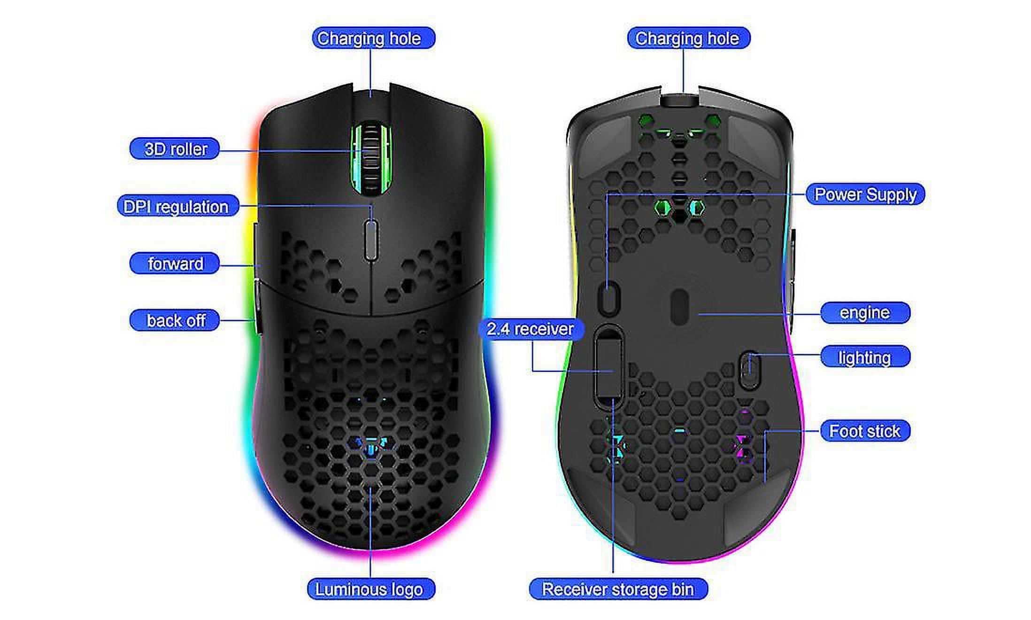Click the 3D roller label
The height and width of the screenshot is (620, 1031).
[174, 149]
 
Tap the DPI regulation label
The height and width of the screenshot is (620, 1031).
[177, 206]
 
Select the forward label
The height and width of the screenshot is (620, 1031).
[174, 263]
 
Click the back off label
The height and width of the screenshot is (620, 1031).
[174, 320]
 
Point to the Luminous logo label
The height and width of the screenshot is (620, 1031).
[371, 589]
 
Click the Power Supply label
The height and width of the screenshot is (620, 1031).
[865, 194]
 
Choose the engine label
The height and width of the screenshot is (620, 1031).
[865, 313]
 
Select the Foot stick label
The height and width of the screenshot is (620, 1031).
[865, 431]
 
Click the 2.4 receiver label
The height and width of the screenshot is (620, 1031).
[531, 329]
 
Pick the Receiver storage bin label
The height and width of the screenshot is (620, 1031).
[618, 589]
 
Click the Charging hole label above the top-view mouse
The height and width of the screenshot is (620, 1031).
[373, 38]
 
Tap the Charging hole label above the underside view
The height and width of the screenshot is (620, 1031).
[689, 38]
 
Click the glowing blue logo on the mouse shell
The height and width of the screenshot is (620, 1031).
[370, 446]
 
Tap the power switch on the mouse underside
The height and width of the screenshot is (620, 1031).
[609, 298]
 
